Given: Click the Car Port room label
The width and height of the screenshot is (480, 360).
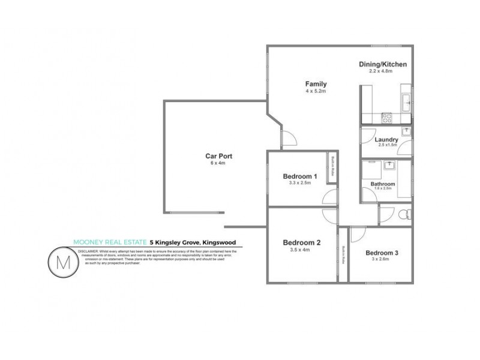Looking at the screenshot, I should click(x=218, y=156).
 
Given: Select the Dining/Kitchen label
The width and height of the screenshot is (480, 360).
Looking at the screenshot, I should click(x=383, y=64).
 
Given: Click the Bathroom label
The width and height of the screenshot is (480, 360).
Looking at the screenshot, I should click(x=383, y=184).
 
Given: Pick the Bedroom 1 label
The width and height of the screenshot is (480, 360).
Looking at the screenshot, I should click(x=297, y=176).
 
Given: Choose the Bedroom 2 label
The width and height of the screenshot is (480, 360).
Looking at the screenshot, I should click(x=302, y=242).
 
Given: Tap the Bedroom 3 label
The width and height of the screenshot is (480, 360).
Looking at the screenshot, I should click(x=382, y=253).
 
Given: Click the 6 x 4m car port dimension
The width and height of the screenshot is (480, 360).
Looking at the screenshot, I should click(x=218, y=163).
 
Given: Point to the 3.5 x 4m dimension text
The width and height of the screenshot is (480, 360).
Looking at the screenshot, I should click(x=299, y=250).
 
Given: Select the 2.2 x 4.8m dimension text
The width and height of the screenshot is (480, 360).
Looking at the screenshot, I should click(x=380, y=71).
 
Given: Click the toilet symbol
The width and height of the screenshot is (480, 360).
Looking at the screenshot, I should click(x=405, y=214).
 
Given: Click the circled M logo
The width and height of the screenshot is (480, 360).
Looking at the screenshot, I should click(x=63, y=263).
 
